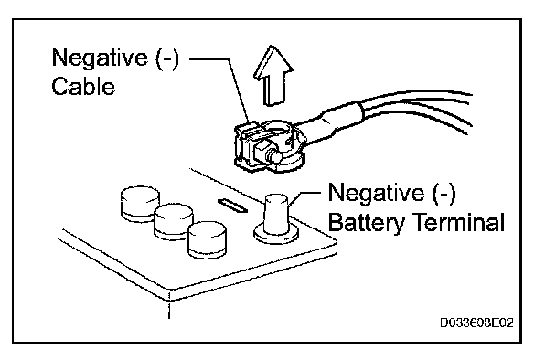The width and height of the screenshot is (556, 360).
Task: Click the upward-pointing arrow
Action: click(273, 76)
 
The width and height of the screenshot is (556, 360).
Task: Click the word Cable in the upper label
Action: click(83, 86)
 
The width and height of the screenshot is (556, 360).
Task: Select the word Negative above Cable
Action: click(100, 58)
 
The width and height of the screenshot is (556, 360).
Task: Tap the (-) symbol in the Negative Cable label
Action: click(167, 58)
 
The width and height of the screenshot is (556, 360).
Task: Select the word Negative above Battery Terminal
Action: click(376, 192)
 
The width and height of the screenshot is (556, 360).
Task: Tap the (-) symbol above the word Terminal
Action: click(444, 193)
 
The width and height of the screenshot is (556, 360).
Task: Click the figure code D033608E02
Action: click(476, 323)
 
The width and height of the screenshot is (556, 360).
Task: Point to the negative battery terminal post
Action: click(276, 214)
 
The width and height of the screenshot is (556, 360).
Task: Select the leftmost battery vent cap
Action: click(140, 204)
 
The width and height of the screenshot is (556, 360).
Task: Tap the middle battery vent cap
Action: click(174, 221)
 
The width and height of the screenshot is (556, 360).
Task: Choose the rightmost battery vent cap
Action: click(208, 239)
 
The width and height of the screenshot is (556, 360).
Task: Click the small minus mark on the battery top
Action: click(232, 206)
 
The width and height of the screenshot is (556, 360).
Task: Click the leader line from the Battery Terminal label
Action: click(304, 197)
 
